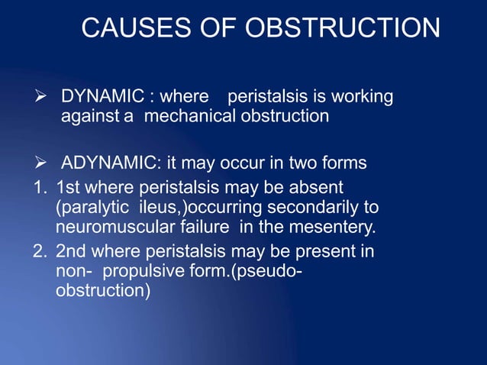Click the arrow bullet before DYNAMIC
point(45,97)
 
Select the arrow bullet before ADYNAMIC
point(45,163)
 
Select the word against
point(88,117)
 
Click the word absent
point(319,187)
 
